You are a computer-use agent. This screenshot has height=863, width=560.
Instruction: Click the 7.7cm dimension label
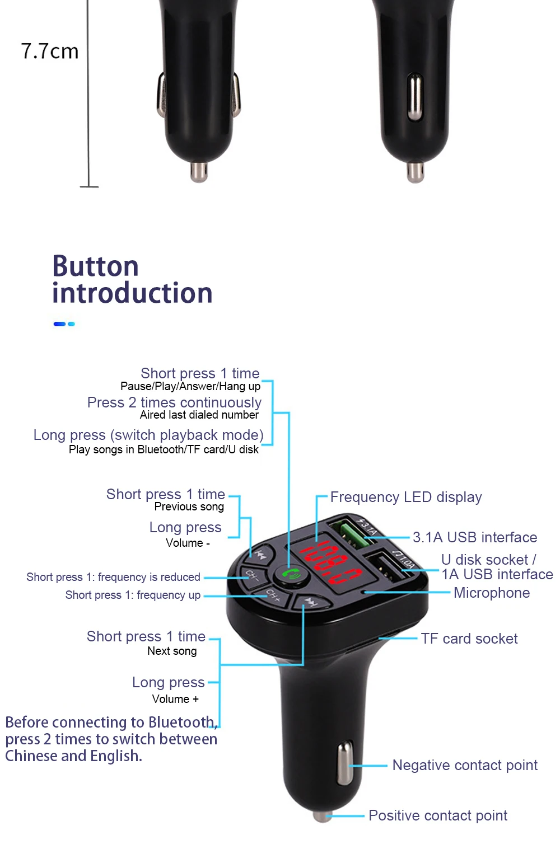click(x=50, y=51)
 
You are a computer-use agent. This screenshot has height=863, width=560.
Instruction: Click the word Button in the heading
click(x=95, y=266)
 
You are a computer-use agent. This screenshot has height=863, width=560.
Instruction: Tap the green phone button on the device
click(x=291, y=575)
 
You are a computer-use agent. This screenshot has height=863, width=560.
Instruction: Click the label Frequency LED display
click(x=405, y=497)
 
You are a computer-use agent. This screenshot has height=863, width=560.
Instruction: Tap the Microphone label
click(x=491, y=593)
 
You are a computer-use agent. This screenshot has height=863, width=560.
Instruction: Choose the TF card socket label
click(x=469, y=639)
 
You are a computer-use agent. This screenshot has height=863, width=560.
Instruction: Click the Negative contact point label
click(x=465, y=765)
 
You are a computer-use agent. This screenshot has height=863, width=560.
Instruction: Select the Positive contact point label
click(x=437, y=815)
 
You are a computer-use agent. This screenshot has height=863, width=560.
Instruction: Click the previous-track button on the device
click(x=260, y=555)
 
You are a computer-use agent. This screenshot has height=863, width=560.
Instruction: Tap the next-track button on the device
click(x=310, y=602)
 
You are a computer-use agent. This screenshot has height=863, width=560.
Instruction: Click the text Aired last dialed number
click(x=199, y=415)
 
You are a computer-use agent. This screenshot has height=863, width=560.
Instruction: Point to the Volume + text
click(x=175, y=699)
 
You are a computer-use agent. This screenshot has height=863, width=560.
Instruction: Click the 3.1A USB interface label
click(x=474, y=537)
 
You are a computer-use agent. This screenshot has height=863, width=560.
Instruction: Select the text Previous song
click(x=189, y=506)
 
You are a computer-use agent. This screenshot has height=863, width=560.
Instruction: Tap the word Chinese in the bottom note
click(x=31, y=756)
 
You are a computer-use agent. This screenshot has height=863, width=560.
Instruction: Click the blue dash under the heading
click(x=59, y=324)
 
